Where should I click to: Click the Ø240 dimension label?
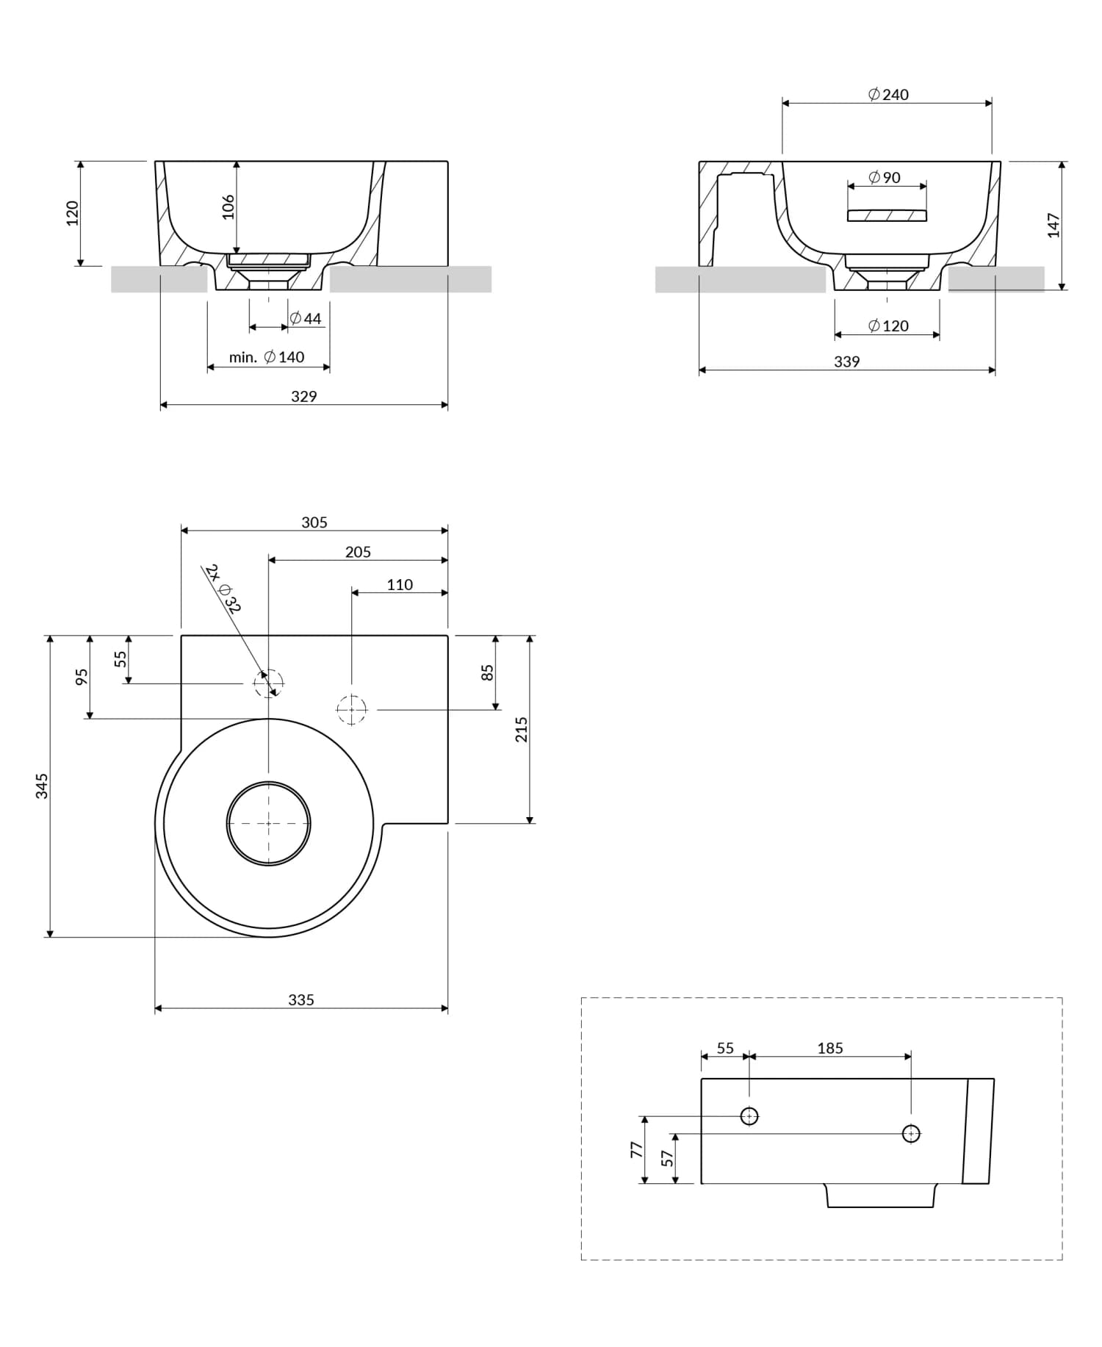(887, 94)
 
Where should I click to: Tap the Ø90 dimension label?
(884, 177)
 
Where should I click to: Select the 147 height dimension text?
(1054, 225)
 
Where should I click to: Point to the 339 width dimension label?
(846, 362)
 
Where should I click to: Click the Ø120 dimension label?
(887, 326)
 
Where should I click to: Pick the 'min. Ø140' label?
(266, 357)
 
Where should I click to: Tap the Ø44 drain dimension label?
(305, 318)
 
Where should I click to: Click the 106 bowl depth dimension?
(228, 206)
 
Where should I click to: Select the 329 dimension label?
(303, 396)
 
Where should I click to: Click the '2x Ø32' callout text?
(223, 588)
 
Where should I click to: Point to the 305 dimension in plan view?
(314, 522)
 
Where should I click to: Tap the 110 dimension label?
(400, 584)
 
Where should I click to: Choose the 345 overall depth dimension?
(42, 786)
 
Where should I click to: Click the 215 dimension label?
(521, 729)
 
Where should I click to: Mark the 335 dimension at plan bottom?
(300, 999)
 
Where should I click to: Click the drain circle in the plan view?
(268, 823)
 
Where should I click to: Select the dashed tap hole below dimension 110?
(352, 710)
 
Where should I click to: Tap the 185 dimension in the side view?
(830, 1048)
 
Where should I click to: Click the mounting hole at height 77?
(749, 1116)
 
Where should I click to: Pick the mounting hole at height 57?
(911, 1134)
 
